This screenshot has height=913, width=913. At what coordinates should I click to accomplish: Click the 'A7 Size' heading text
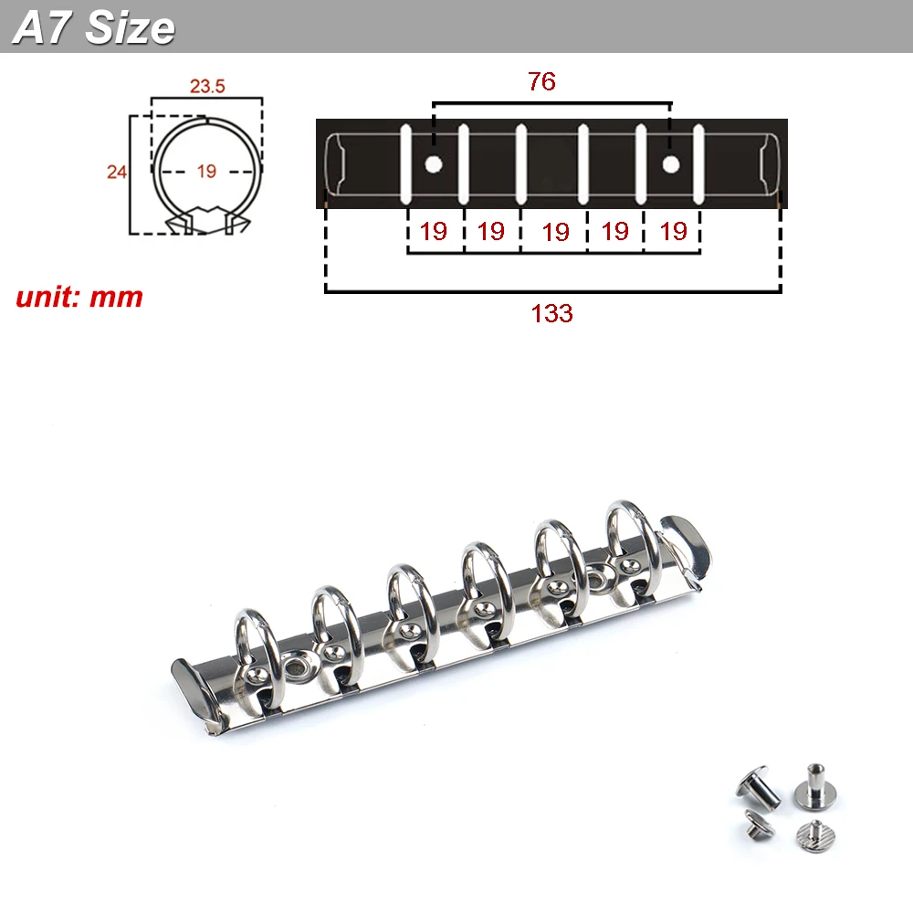(x=94, y=28)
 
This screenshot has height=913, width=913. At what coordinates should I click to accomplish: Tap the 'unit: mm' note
(x=79, y=297)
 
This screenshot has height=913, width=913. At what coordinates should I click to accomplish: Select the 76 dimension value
(x=541, y=81)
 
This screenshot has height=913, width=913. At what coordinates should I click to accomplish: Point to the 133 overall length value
(x=552, y=314)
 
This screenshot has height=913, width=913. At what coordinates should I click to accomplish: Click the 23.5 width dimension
(x=207, y=86)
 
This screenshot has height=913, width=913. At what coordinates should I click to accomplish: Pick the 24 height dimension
(x=117, y=172)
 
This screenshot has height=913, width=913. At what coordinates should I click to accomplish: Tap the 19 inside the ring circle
(x=206, y=172)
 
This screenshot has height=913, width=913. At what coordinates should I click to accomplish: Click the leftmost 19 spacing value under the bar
(x=433, y=231)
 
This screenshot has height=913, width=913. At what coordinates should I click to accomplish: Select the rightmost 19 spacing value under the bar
(x=673, y=231)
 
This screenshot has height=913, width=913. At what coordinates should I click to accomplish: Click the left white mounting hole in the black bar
(x=433, y=164)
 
